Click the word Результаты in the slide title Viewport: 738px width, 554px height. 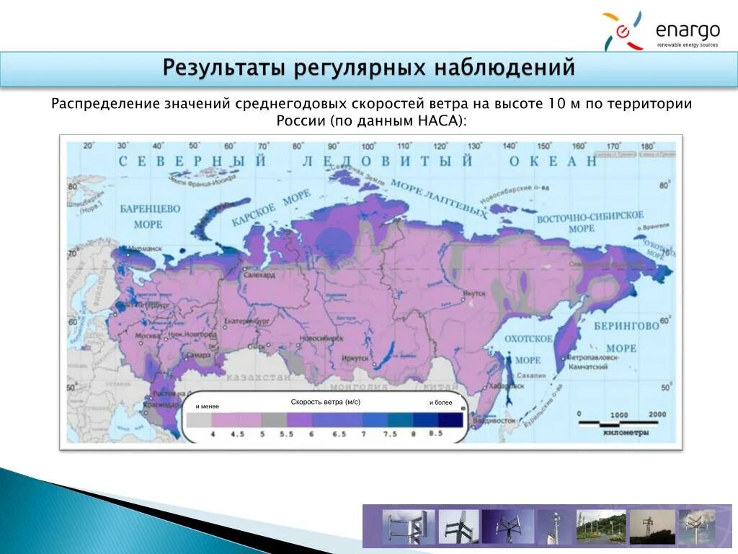coord(224,68)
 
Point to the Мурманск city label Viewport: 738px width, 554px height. coord(143,249)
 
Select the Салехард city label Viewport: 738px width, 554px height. coord(260,275)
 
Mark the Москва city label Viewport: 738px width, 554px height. coord(147,337)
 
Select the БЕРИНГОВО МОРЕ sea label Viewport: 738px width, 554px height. coord(626,336)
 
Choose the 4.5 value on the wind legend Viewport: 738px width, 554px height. coord(237,434)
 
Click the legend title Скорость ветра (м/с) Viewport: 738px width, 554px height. coord(325,401)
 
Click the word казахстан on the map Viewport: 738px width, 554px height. coord(257,377)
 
